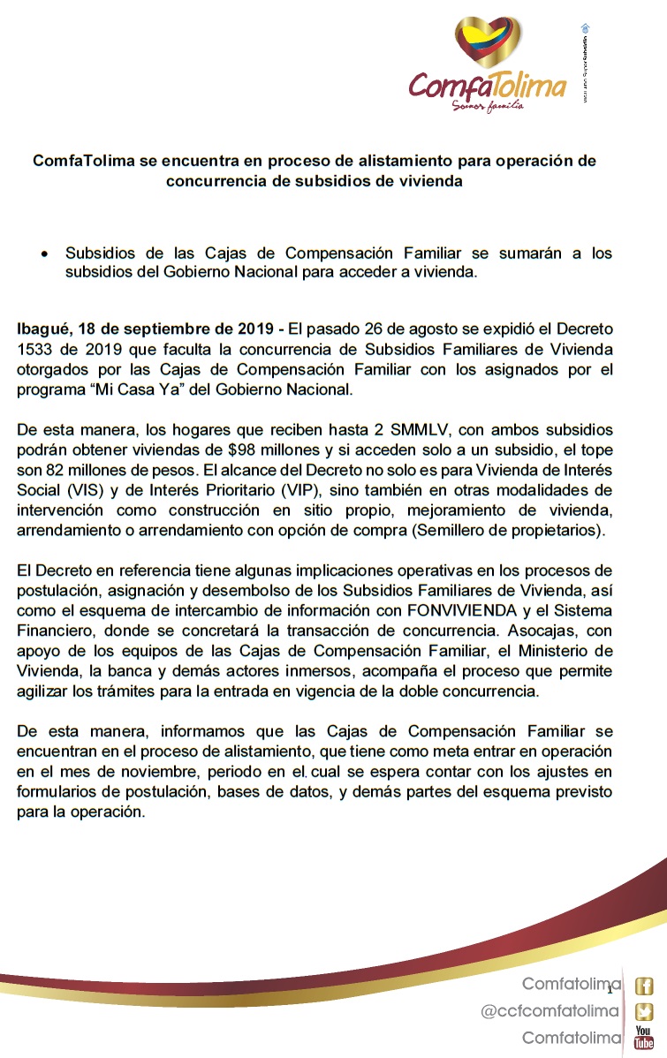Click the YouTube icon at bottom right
click(x=645, y=1039)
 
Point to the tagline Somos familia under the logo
click(x=488, y=105)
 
